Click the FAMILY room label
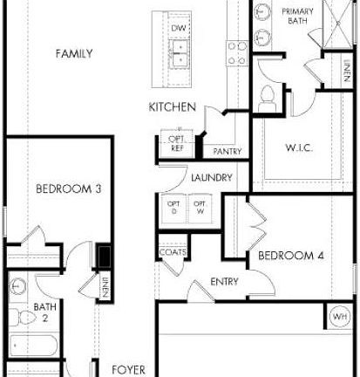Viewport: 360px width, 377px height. [x=74, y=54]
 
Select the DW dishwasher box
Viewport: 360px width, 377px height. [x=178, y=29]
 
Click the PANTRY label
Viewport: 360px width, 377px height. [x=227, y=152]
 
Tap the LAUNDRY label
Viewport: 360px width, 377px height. [x=211, y=178]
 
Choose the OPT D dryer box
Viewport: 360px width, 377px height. [x=172, y=208]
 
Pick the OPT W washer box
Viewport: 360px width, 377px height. [x=200, y=208]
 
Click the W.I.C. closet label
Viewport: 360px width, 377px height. [x=299, y=147]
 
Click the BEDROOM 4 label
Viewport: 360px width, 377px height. [x=285, y=256]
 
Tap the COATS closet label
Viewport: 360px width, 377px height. [x=171, y=253]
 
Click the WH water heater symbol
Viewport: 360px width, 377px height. [x=340, y=314]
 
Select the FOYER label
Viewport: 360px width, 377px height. [x=128, y=369]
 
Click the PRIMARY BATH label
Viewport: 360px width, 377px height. [x=298, y=16]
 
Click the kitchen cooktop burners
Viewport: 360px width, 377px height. [x=236, y=54]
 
